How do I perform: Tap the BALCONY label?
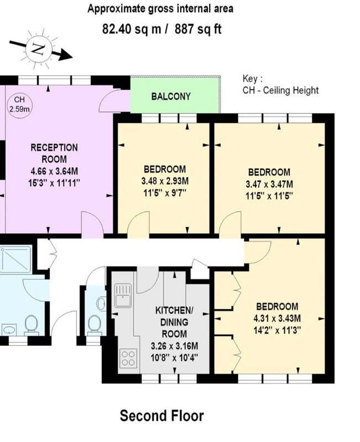coord(171,97)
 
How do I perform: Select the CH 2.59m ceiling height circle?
coord(19,104)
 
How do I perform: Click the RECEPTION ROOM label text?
coord(54,154)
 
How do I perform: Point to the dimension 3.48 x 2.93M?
coord(165,181)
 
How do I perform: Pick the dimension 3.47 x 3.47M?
coord(269,185)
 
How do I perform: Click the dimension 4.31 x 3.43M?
coord(277,319)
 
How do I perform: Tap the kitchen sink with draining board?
coord(123,296)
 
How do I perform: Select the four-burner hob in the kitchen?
coord(128,358)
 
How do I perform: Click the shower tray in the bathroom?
coord(15,259)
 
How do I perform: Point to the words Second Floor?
coord(161,416)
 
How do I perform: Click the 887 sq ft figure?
coord(198,29)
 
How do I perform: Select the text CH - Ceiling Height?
coord(281,91)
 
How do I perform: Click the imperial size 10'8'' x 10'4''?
coord(174,358)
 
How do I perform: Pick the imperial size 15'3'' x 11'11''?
coord(54,183)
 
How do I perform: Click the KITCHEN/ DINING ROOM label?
coord(174,322)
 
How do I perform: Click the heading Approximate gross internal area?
coord(160,9)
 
